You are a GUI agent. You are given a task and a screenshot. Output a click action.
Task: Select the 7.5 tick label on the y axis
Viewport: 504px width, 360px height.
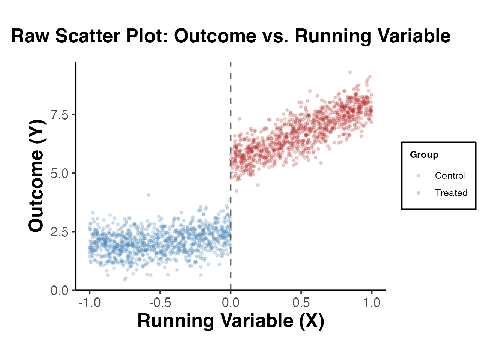coord(60,115)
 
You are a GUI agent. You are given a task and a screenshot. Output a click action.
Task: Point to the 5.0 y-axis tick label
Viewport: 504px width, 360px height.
coord(60,173)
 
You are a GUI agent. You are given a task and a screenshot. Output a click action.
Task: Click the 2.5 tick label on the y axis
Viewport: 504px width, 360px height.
coord(60,232)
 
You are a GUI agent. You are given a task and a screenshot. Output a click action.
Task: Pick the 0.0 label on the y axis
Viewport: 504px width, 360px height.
coord(60,290)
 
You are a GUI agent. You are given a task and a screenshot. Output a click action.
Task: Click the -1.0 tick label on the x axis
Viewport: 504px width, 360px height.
coord(90,303)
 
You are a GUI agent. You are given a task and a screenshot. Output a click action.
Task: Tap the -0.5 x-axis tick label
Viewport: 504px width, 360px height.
coord(160,303)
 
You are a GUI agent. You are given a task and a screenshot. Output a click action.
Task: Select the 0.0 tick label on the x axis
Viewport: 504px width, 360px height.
coord(231,303)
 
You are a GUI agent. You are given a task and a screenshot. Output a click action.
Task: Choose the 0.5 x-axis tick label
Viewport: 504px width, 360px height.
coord(301,303)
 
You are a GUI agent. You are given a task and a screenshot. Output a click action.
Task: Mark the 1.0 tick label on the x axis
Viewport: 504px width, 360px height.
coord(372,303)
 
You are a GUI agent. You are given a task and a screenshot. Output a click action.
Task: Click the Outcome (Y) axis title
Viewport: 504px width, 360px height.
coord(36,175)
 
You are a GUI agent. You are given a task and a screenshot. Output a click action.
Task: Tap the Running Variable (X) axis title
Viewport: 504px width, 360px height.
coord(231,321)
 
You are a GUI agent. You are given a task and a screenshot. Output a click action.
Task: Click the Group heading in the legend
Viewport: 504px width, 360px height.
coord(424,155)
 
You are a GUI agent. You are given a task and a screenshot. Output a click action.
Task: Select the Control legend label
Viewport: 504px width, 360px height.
coord(450,175)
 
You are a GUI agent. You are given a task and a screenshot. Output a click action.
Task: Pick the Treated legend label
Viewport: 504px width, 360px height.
coord(451,193)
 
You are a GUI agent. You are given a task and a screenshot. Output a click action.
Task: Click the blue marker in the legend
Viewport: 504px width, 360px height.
coord(418,175)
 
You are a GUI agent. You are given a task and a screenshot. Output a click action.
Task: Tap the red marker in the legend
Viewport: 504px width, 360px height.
coord(418,193)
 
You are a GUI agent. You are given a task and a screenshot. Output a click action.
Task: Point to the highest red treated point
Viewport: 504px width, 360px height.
coord(350,72)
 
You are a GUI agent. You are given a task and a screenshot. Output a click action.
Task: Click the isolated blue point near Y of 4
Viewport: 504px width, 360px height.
coord(148,195)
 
